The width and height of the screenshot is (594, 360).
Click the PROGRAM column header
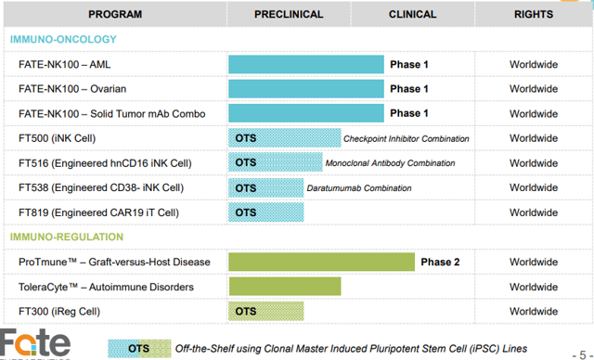[x=114, y=14]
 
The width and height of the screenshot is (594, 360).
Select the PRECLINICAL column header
[x=289, y=14]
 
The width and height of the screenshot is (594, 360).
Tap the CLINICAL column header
[x=411, y=14]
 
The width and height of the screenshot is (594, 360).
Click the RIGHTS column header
[x=533, y=14]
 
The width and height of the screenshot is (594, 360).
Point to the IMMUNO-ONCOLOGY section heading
[x=63, y=40]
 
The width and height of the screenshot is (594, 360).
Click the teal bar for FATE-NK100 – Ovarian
[x=305, y=89]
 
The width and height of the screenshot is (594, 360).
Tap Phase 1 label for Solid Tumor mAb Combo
[x=409, y=114]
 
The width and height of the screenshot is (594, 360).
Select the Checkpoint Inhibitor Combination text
[x=406, y=139]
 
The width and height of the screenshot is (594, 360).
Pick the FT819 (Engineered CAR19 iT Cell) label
[x=105, y=212]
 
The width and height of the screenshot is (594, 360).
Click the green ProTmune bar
[x=321, y=262]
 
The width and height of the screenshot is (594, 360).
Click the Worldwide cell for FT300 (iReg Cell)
[x=533, y=311]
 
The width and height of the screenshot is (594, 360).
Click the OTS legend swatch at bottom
[x=139, y=348]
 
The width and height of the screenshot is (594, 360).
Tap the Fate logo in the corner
[x=35, y=343]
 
